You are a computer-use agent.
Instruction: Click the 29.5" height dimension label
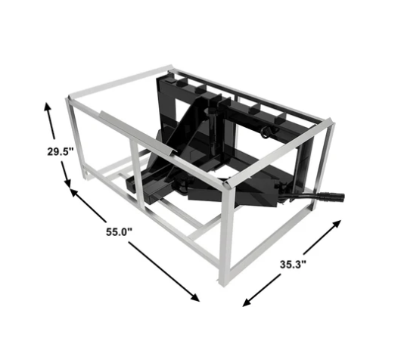click(x=58, y=151)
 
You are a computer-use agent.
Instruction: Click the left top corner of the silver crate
click(x=67, y=100)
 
